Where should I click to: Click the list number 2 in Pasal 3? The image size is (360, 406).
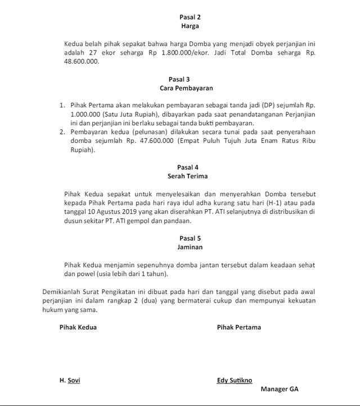(62, 132)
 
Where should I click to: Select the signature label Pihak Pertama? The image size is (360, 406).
(238, 327)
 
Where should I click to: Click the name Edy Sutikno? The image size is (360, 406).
(235, 380)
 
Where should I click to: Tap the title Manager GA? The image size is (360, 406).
(280, 389)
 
